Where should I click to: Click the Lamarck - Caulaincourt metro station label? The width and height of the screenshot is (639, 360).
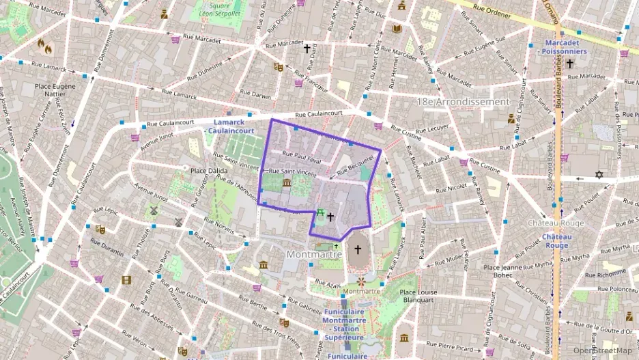click(229, 126)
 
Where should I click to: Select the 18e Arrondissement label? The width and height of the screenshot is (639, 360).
click(463, 101)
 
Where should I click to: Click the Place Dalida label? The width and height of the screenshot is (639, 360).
click(209, 170)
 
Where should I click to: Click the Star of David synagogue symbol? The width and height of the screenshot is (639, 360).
click(599, 175)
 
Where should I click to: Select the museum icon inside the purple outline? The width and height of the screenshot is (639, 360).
click(286, 183)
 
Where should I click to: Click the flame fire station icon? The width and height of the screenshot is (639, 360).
click(45, 46)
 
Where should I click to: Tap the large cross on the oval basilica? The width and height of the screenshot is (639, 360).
click(357, 250)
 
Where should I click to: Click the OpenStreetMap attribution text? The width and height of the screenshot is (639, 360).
click(603, 350)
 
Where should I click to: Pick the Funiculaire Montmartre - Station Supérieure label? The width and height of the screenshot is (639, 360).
click(344, 320)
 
